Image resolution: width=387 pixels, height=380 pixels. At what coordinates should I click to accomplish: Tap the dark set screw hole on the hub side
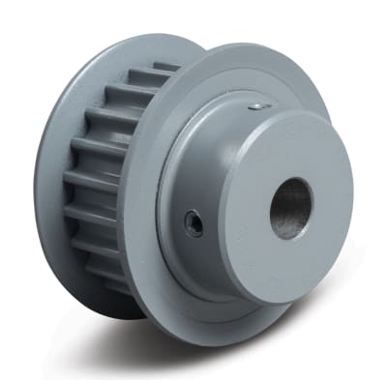click(x=194, y=225)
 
